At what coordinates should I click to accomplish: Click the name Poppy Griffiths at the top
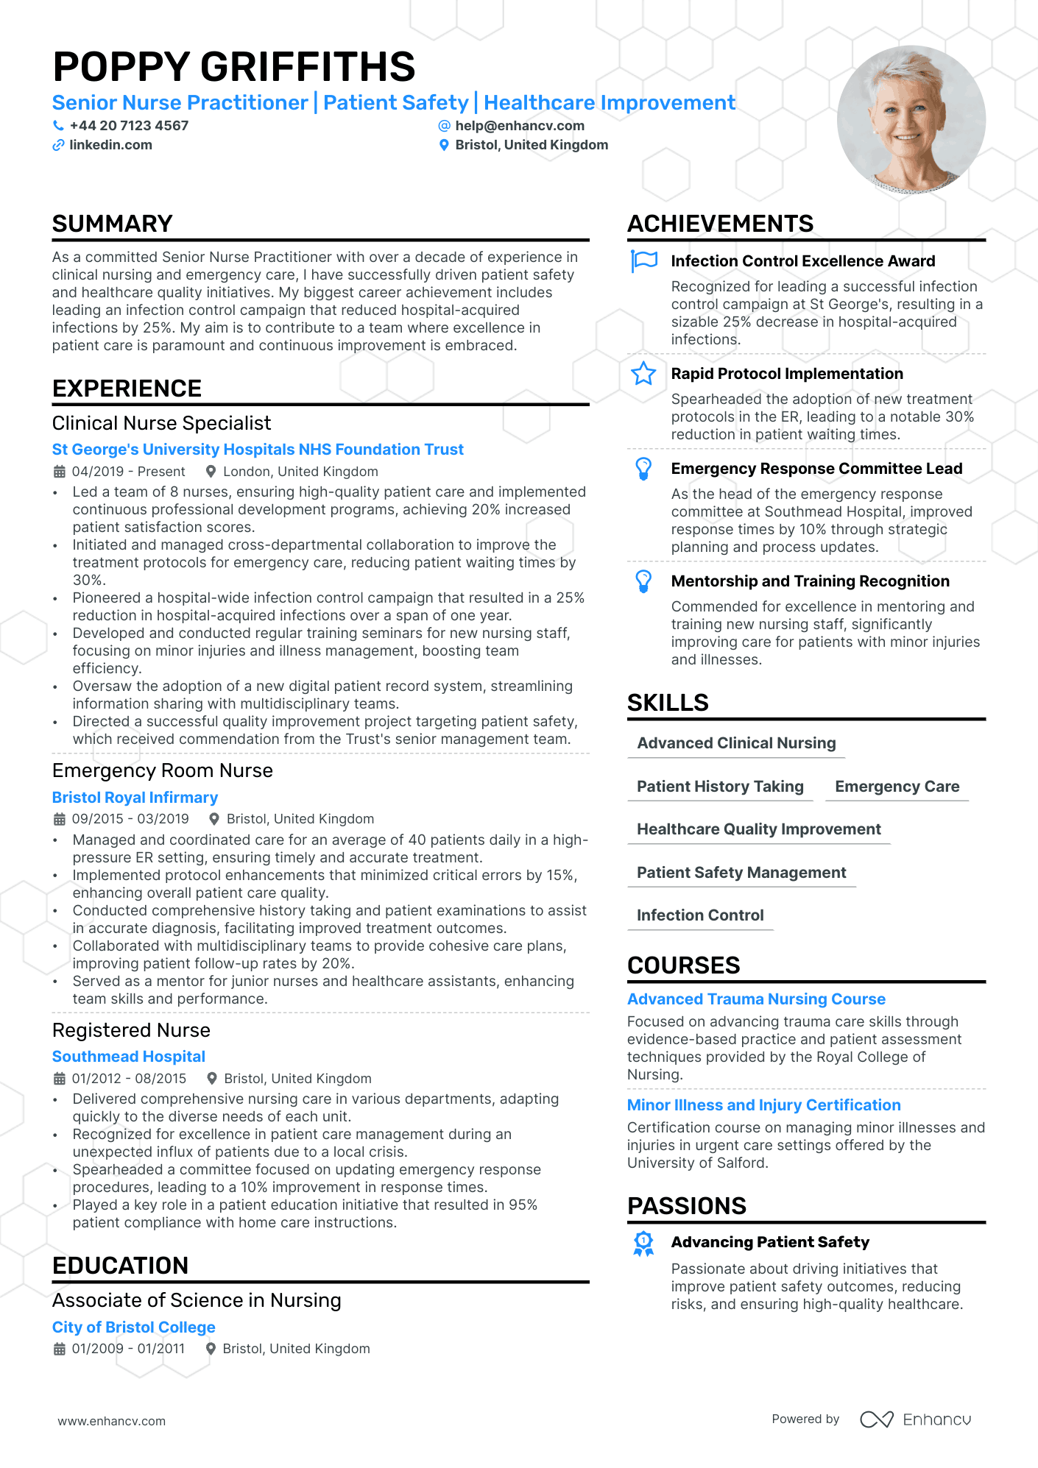coord(234,67)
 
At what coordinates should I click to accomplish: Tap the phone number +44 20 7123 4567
coord(129,126)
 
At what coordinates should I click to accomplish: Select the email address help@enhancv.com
coord(519,126)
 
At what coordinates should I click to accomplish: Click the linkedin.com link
coord(110,145)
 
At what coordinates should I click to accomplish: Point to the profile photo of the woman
coord(911,120)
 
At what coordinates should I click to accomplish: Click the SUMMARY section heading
coord(113,224)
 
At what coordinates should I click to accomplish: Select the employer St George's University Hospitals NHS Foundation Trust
coord(258,450)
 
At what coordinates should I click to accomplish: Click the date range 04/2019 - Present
coord(128,472)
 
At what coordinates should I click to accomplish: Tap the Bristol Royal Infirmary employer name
coord(135,798)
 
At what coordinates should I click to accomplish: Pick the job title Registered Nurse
coord(131,1030)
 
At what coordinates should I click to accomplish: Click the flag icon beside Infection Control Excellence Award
coord(643,261)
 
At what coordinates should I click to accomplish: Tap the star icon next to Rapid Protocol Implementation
coord(643,374)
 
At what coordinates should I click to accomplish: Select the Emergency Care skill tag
coord(897,787)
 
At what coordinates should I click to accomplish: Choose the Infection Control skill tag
coord(700,915)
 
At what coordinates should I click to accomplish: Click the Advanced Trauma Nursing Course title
coord(756,999)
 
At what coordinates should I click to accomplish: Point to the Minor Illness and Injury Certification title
coord(763,1105)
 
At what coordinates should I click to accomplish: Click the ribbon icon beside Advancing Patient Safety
coord(643,1244)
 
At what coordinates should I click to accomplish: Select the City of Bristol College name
coord(133,1327)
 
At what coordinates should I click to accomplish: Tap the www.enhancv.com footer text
coord(112,1421)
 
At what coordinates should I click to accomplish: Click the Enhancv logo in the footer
coord(915,1419)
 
